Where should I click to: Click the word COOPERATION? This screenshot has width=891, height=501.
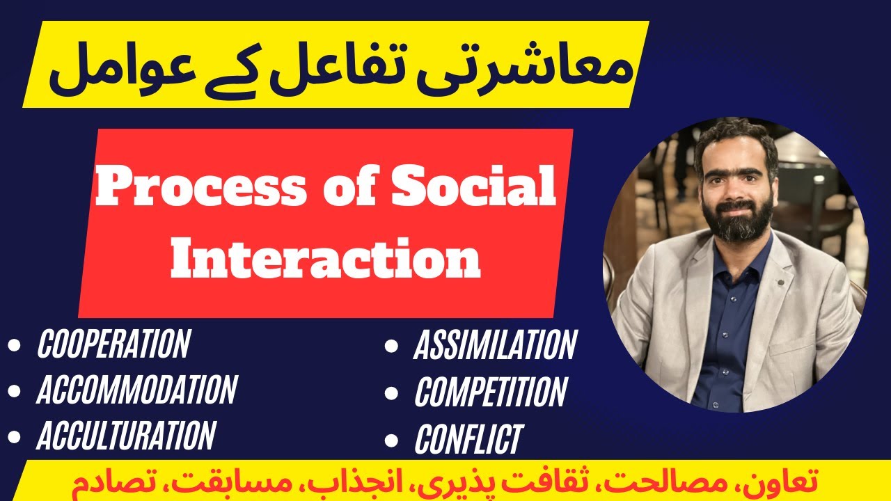113,344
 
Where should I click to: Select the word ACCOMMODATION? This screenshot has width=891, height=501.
137,390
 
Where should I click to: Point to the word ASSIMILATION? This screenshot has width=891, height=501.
495,345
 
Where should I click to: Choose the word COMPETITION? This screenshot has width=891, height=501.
491,392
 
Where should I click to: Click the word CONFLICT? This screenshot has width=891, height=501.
468,439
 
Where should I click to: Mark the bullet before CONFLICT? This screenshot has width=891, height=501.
392,440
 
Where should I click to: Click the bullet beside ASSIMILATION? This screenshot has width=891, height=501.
392,346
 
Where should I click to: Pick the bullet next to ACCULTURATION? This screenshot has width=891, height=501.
15,436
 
